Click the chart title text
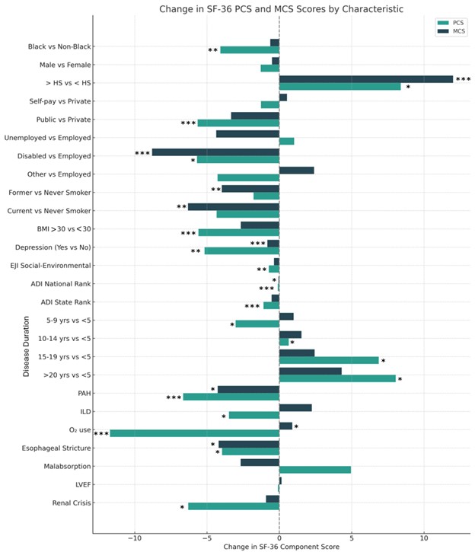tap(281, 9)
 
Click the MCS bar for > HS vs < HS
tap(366, 79)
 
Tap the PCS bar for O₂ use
tap(194, 433)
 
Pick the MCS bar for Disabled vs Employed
tap(215, 152)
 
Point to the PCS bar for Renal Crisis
tap(234, 506)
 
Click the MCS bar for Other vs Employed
tap(297, 171)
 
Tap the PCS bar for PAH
tap(231, 397)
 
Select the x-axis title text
tap(281, 547)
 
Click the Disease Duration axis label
tap(27, 346)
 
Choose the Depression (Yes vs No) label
tap(53, 247)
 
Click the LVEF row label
tap(81, 484)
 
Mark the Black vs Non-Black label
tap(59, 46)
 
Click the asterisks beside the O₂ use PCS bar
tap(100, 434)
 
